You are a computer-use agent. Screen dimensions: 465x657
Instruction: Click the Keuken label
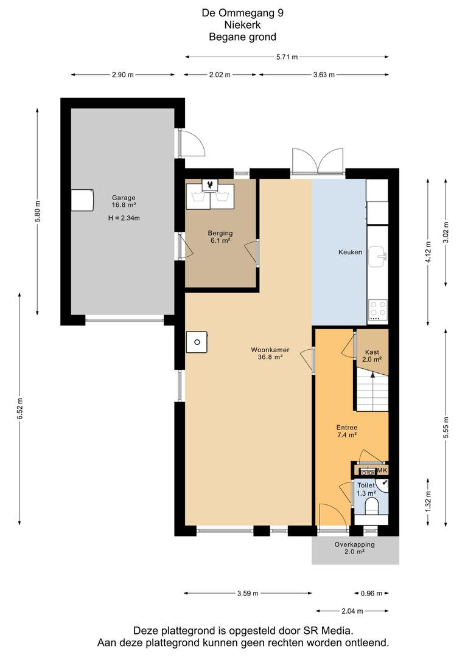[350, 252]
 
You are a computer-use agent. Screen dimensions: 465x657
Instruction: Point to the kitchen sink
[378, 255]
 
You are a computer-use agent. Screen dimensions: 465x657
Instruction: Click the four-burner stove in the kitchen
[378, 310]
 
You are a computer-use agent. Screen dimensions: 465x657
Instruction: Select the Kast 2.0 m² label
[372, 356]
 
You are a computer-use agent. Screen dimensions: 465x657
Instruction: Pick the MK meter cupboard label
[382, 470]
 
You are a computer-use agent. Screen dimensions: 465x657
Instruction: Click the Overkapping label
[355, 548]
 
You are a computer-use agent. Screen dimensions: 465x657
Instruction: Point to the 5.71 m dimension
[287, 57]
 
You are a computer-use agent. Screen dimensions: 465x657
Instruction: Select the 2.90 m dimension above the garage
[122, 75]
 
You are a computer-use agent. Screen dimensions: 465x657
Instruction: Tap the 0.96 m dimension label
[371, 593]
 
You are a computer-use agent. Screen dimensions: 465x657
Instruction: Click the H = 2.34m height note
[124, 218]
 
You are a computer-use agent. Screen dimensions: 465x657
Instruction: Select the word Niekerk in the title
[242, 25]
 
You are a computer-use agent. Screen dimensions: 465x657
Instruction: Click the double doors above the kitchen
[319, 161]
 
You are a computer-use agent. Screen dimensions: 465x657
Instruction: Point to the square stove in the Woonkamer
[197, 342]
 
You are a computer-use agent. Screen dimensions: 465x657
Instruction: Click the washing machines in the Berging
[209, 196]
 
